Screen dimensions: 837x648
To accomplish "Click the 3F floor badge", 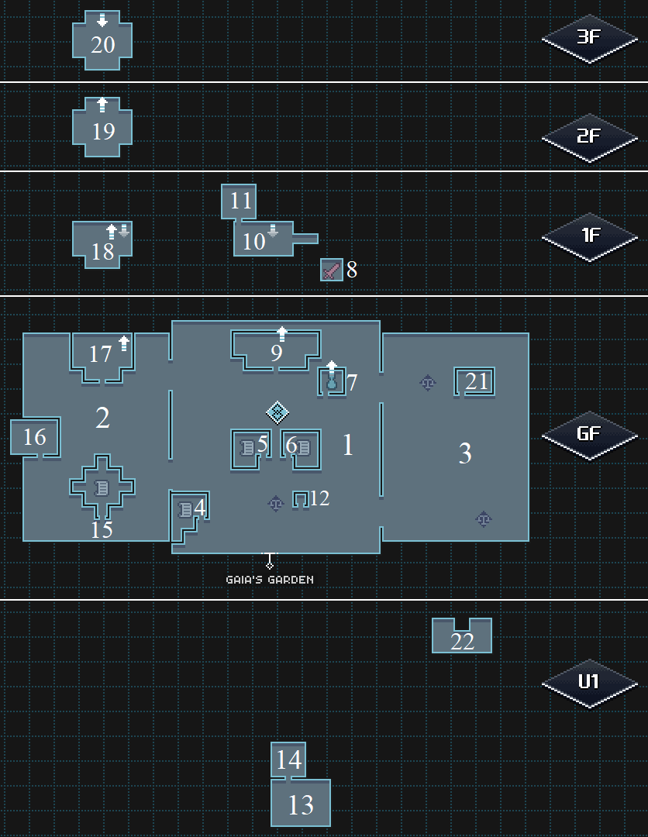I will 589,36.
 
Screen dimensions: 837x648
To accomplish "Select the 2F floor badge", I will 589,136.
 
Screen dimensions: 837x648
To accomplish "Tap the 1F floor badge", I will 589,235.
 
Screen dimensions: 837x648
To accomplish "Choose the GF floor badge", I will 589,434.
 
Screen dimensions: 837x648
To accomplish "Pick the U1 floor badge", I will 589,682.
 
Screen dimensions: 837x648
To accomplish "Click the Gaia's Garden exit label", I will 270,579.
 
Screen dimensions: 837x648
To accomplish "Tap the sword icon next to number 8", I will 332,270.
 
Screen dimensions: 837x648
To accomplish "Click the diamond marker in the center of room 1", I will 277,412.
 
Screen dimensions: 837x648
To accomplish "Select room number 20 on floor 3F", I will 102,44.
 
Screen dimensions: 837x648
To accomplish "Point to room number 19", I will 102,130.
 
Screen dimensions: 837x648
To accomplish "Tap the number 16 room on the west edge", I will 35,437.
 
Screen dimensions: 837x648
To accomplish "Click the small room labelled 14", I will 288,759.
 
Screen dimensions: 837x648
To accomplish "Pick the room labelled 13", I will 301,804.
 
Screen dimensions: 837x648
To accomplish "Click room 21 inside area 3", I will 476,381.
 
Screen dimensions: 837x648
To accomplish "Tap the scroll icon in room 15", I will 102,487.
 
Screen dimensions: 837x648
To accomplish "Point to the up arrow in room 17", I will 123,343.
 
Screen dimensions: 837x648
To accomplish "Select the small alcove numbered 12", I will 301,499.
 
